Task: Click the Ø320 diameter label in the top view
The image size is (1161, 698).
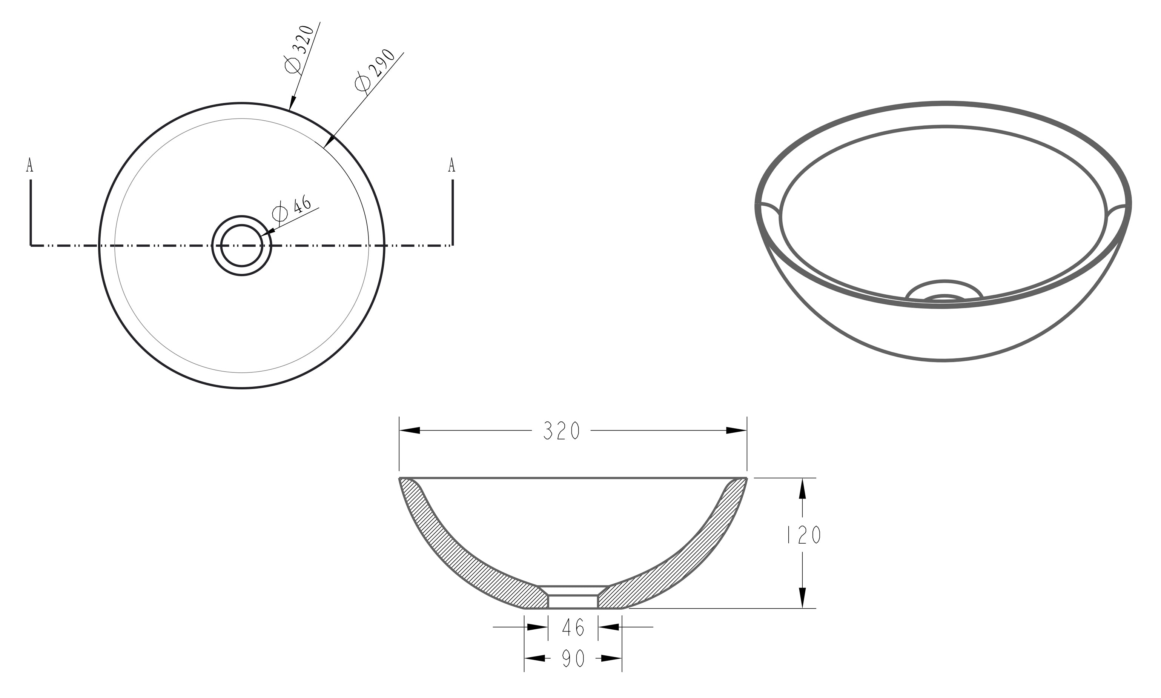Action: coord(299,49)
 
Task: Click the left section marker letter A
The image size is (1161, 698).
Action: coord(30,165)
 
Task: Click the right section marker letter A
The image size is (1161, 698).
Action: coord(452,165)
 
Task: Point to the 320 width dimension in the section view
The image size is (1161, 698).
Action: coord(562,430)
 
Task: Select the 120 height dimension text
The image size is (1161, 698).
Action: coord(804,534)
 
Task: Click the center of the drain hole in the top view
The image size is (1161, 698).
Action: coord(242,246)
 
